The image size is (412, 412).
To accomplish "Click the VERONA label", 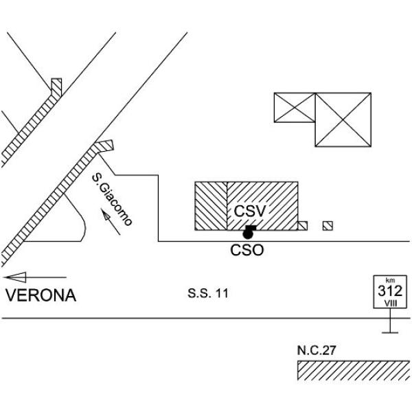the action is (41, 295).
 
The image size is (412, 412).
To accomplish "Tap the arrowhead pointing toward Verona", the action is (16, 277).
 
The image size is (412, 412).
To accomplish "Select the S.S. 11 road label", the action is (208, 293).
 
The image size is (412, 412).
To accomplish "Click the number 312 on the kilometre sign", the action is (390, 291).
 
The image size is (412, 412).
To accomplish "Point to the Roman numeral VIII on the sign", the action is (391, 304).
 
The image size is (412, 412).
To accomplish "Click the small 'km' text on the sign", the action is (390, 280).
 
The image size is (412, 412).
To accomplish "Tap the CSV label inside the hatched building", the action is (250, 211).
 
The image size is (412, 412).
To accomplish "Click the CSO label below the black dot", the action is (247, 250).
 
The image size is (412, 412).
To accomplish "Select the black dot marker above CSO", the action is (248, 233).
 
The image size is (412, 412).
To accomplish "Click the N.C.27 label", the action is (317, 350).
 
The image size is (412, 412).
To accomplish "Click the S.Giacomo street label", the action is (112, 199).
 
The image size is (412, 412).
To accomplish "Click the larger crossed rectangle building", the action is (343, 119).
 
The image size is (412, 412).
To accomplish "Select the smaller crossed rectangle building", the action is (295, 108).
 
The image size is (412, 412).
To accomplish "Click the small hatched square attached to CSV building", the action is (302, 226).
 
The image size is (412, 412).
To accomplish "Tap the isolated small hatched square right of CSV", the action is (328, 226).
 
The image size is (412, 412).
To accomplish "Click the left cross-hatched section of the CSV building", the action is (211, 206).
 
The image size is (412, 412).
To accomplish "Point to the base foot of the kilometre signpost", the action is (390, 332).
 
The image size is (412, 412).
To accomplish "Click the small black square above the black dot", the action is (251, 228).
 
